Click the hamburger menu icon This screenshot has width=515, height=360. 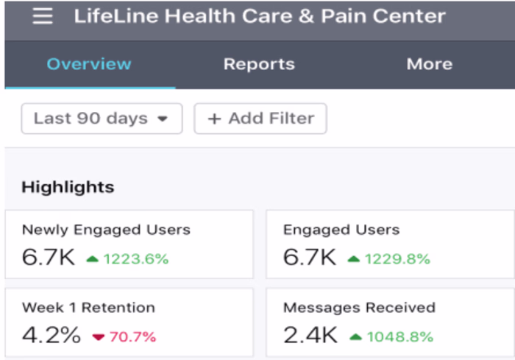click(x=43, y=16)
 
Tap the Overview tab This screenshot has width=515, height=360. click(x=89, y=64)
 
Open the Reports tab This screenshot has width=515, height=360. click(x=259, y=64)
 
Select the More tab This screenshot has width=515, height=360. click(x=429, y=64)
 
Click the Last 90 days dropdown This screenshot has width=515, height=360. click(x=102, y=119)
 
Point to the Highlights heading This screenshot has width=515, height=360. click(x=68, y=187)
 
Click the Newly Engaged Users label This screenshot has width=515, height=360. click(x=106, y=230)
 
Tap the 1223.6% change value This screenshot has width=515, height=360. click(x=136, y=258)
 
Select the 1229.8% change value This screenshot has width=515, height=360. click(x=398, y=258)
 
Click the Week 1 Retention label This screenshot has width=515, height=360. click(x=88, y=308)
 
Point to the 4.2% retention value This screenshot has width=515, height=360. click(x=51, y=336)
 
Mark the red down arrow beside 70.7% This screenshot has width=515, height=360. click(x=99, y=337)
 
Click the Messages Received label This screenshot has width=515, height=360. click(x=359, y=308)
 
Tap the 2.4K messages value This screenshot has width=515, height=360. click(x=310, y=336)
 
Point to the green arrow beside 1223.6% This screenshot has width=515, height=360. click(x=93, y=258)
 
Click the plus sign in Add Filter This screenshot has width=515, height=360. click(x=214, y=119)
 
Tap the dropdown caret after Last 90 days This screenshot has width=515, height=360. click(x=163, y=119)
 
